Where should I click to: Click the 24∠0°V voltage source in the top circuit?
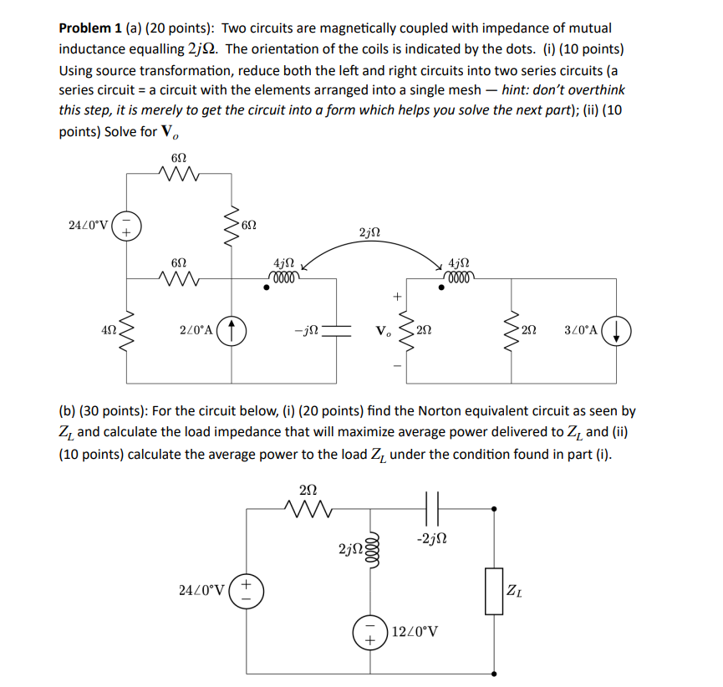tap(126, 226)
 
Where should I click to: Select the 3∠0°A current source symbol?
tap(616, 329)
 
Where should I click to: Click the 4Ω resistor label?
tap(108, 330)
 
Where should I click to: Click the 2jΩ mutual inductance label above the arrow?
tap(369, 232)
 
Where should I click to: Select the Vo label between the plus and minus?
tap(385, 330)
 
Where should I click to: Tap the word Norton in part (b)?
tap(443, 411)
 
